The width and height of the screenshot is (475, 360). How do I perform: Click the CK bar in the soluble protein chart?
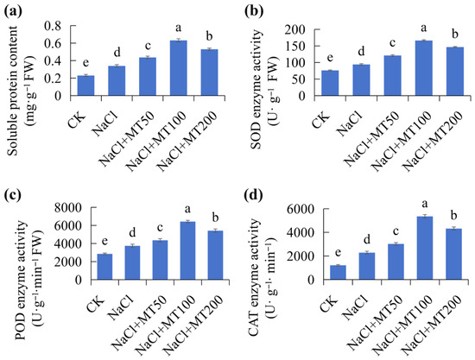[x=85, y=85]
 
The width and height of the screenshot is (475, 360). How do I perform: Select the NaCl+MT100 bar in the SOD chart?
[x=423, y=68]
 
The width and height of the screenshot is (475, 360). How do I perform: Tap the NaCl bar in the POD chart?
[x=132, y=262]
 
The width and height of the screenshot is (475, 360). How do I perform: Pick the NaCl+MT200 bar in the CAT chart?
[x=453, y=254]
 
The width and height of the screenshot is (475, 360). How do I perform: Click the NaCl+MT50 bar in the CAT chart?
[x=396, y=262]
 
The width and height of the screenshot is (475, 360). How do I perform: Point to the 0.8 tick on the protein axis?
[x=57, y=26]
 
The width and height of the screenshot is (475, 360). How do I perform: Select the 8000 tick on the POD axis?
[x=69, y=208]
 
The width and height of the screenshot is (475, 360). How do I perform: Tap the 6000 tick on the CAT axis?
[x=300, y=209]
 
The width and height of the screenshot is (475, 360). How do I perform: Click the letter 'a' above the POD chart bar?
[x=187, y=209]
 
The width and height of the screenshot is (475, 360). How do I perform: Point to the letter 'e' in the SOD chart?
[x=330, y=58]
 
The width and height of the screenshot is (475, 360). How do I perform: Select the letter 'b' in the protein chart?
[x=209, y=36]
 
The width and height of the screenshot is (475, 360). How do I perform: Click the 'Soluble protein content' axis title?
[x=13, y=91]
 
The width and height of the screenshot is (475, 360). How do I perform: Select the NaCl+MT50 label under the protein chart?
[x=127, y=139]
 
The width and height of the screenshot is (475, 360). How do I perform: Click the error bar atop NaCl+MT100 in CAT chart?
[x=425, y=216]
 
